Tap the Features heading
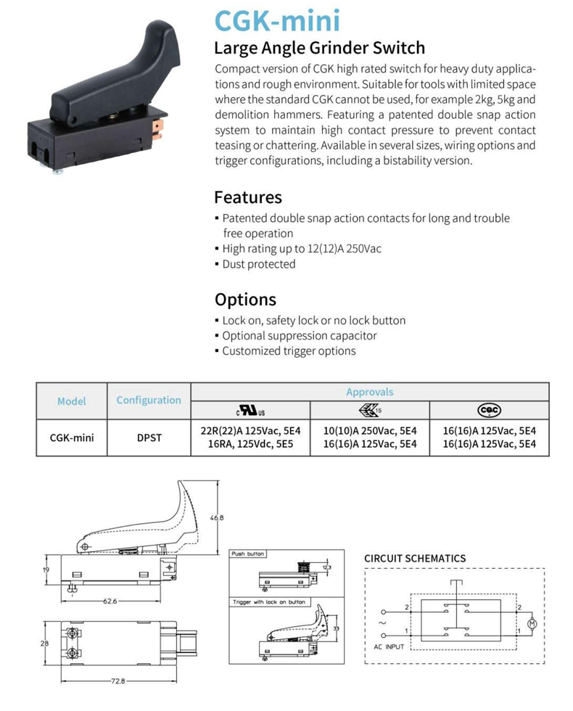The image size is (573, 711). pos(247,197)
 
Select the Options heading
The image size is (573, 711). pos(245,300)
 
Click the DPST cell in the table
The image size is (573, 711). pos(149,438)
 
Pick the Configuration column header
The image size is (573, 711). pos(149,400)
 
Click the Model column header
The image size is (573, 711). pos(72,400)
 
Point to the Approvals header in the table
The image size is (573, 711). pos(369,392)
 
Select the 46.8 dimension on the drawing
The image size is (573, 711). pos(216,518)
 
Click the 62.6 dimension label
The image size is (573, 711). pos(110,601)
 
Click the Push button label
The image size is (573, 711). pos(247,554)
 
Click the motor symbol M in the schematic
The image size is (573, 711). pos(530,623)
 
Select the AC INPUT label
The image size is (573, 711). pos(389,646)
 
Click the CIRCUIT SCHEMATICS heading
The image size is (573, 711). pos(415,558)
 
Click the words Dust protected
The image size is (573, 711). pos(259,264)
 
